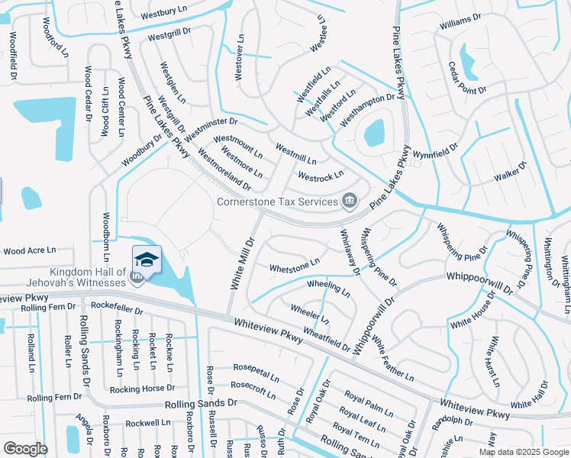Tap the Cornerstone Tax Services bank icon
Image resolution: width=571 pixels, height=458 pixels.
coord(350,202)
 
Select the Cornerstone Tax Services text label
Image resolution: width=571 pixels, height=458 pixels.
coord(277,202)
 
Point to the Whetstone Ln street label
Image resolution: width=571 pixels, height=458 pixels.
coord(295,266)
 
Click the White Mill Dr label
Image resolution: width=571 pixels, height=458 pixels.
coord(240,261)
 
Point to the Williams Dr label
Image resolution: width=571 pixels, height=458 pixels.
coord(460,21)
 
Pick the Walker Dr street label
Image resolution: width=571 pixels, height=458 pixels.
coord(511,171)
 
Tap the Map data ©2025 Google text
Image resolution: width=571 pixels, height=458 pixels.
coord(524,452)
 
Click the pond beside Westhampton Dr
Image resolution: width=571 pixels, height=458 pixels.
coord(375,134)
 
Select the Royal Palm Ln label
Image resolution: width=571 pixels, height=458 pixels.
coord(369,402)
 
